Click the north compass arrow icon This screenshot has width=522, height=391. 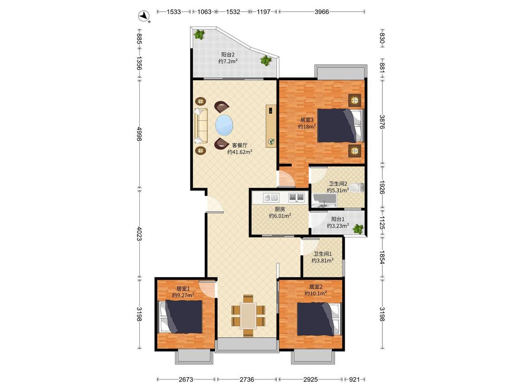tap(144, 16)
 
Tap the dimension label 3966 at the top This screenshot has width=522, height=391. tap(322, 12)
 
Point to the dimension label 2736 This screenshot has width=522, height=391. tap(247, 379)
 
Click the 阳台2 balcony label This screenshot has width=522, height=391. tap(228, 55)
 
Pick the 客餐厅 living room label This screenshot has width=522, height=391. tap(239, 145)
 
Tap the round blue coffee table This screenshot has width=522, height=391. tap(224, 126)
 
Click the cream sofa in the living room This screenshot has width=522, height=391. tap(201, 126)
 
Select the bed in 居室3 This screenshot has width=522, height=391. tap(340, 125)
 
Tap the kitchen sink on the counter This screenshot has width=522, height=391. tap(271, 197)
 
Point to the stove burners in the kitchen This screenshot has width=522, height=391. tap(296, 197)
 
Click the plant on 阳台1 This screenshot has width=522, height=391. tap(358, 229)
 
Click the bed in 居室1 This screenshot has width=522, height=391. tap(181, 317)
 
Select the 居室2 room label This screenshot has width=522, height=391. tap(316, 287)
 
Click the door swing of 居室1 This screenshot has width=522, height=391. tap(207, 289)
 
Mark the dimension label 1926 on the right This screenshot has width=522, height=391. tap(382, 188)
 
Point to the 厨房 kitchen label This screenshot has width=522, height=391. tap(280, 209)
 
